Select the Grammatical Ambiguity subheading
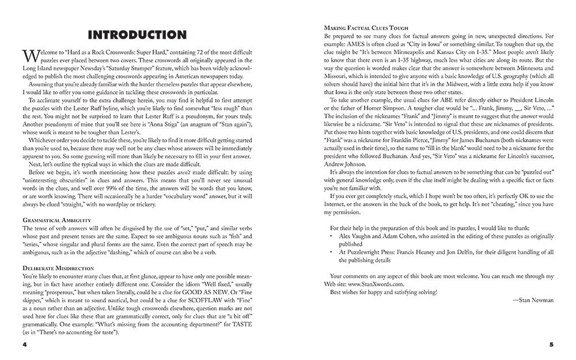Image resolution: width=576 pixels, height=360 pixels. (x=55, y=220)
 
